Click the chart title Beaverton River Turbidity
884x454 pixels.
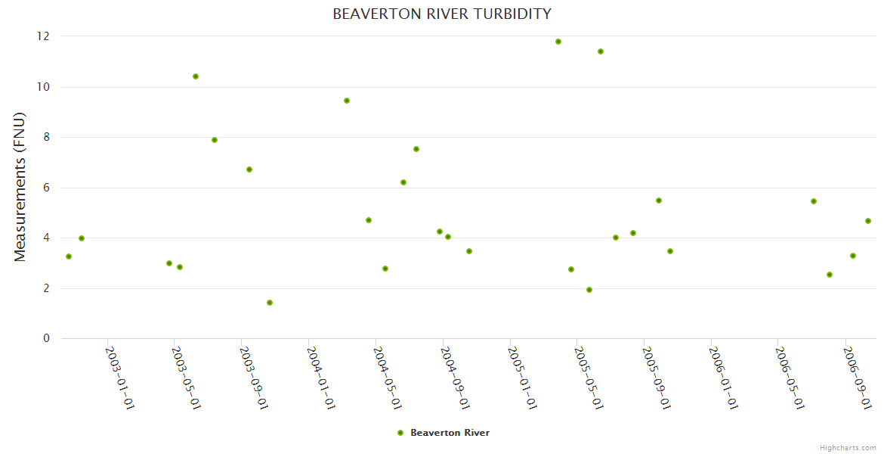tap(442, 14)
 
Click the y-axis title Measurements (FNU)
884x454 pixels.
tap(20, 187)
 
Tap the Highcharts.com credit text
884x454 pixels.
tap(848, 448)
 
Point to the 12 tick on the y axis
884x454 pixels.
tap(44, 36)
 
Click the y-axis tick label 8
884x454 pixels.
tap(46, 137)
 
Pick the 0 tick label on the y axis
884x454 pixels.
tap(46, 338)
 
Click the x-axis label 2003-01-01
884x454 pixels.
tap(119, 377)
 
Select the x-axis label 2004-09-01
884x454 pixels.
tap(455, 377)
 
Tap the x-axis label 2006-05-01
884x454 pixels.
tap(790, 377)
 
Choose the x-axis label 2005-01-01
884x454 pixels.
tap(522, 377)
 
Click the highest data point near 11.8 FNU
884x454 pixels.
tap(558, 42)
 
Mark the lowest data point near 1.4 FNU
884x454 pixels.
tap(270, 303)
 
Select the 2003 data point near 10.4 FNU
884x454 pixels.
tap(196, 76)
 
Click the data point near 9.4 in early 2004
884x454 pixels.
tap(347, 101)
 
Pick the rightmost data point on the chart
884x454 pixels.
tap(868, 221)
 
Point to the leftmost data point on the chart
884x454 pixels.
tap(69, 257)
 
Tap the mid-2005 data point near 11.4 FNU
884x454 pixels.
tap(601, 51)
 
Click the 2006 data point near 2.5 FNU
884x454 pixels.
tap(830, 275)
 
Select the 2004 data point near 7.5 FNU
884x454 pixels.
tap(416, 149)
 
